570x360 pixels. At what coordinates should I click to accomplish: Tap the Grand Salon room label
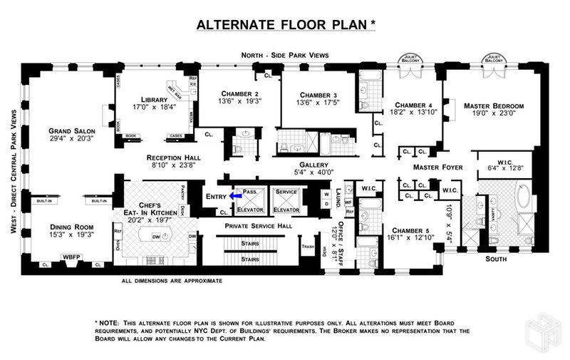point(68,131)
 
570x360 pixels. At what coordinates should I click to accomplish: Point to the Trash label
point(308,247)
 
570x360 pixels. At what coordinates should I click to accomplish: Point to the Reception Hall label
point(173,158)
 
